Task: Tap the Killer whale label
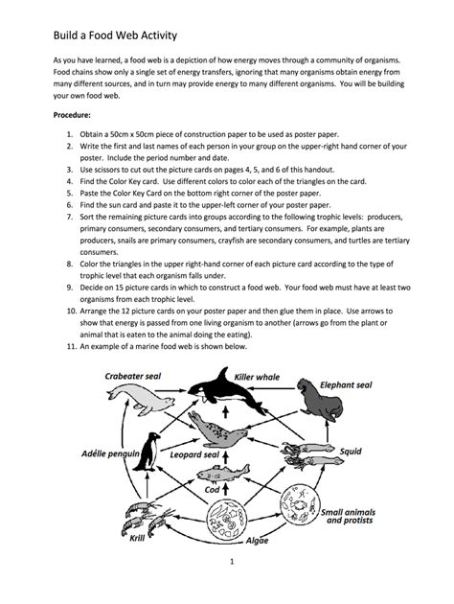coord(257,377)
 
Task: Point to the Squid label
coord(351,450)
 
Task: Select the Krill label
coord(124,539)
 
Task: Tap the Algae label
coord(258,541)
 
